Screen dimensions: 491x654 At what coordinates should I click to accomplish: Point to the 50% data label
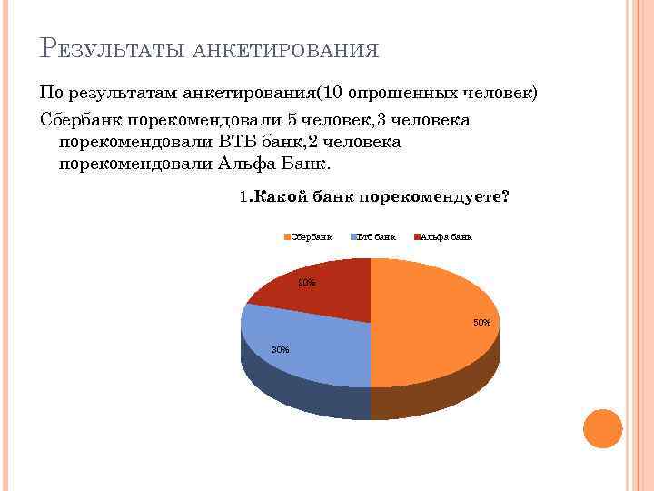pyautogui.click(x=481, y=323)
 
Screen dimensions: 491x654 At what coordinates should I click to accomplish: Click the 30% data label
pyautogui.click(x=281, y=350)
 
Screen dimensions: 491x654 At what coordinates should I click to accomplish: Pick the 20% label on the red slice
pyautogui.click(x=308, y=283)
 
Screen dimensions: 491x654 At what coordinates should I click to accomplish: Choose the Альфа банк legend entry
pyautogui.click(x=446, y=237)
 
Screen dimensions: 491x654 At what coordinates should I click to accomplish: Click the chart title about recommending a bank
pyautogui.click(x=373, y=196)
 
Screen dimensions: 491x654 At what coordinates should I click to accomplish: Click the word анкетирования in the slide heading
pyautogui.click(x=286, y=50)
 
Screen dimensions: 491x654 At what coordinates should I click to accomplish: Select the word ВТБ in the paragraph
pyautogui.click(x=239, y=143)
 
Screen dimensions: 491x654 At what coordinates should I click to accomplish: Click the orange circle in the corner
pyautogui.click(x=602, y=429)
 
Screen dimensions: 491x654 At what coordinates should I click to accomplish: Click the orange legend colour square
pyautogui.click(x=287, y=237)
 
